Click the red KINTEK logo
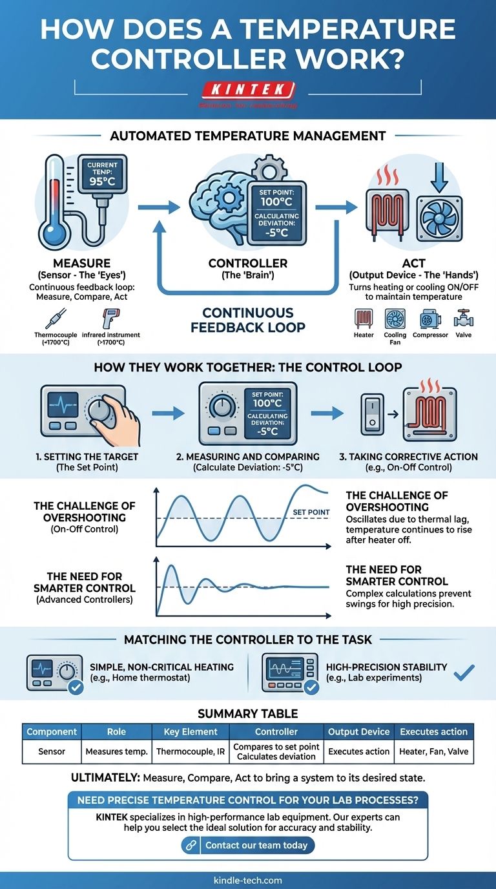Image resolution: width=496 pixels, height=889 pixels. pos(247,90)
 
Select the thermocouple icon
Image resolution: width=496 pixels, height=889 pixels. pos(52,319)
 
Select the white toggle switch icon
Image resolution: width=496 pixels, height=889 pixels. pos(371,412)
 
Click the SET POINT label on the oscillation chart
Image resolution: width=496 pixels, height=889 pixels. pos(311,512)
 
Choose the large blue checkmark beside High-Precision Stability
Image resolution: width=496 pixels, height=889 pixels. pos(464,673)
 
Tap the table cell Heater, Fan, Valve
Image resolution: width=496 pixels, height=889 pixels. pos(433,751)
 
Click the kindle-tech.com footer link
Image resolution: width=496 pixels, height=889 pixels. pos(247,880)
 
